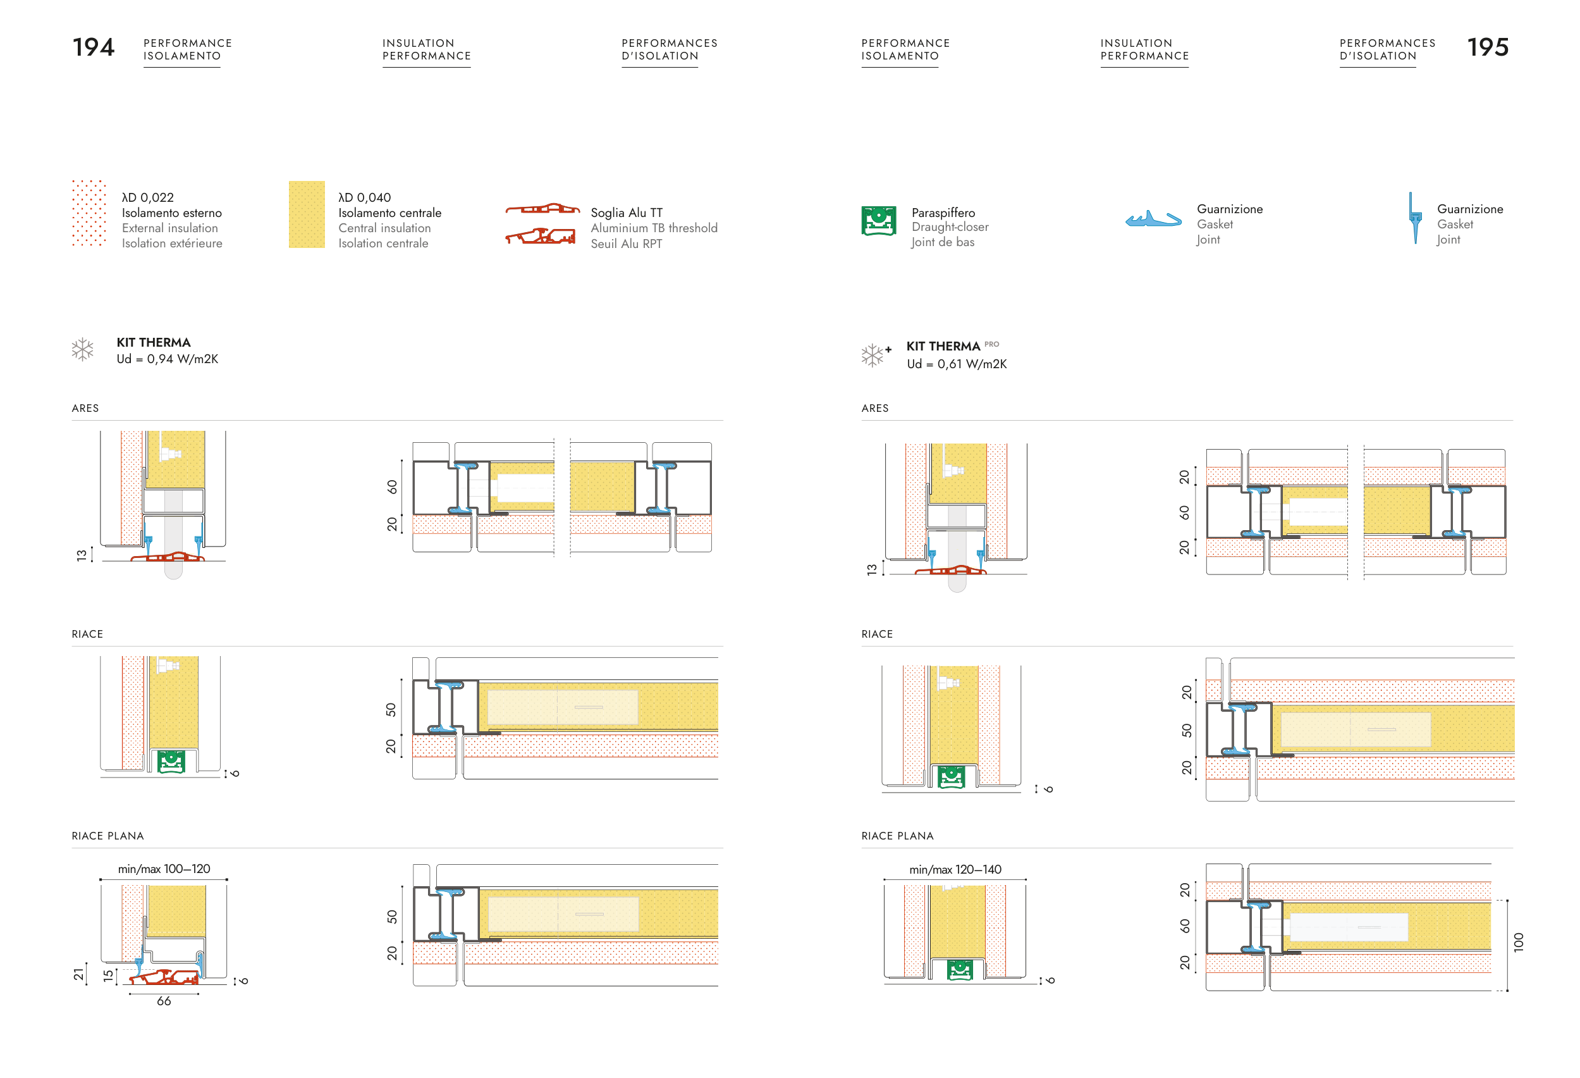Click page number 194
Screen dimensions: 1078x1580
[x=93, y=47]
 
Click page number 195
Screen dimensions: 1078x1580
[x=1488, y=47]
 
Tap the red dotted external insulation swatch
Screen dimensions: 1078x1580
[x=89, y=213]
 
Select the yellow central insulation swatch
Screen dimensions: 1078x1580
[x=307, y=214]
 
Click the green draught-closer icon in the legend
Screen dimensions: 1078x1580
[x=878, y=220]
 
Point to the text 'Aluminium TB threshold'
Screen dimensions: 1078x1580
[x=653, y=228]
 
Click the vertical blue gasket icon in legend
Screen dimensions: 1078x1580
[x=1415, y=218]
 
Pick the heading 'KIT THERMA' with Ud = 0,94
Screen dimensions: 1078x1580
[x=153, y=342]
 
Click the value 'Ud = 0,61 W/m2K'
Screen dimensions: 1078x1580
[x=956, y=364]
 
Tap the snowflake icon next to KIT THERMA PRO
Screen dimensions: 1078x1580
[x=873, y=354]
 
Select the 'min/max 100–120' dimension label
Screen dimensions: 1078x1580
[x=164, y=869]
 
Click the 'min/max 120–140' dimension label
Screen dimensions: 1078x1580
[x=955, y=869]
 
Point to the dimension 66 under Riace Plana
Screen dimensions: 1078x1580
[x=164, y=1000]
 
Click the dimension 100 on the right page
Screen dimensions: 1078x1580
[x=1518, y=941]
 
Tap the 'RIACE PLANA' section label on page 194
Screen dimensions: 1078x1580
[x=107, y=835]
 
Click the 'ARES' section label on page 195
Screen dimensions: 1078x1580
[x=874, y=408]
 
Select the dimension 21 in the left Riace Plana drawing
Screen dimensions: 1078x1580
[x=79, y=974]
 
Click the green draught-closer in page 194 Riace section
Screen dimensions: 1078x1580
[x=171, y=761]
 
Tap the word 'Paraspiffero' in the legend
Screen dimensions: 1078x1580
[x=942, y=213]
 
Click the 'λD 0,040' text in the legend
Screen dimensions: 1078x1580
[x=364, y=197]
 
